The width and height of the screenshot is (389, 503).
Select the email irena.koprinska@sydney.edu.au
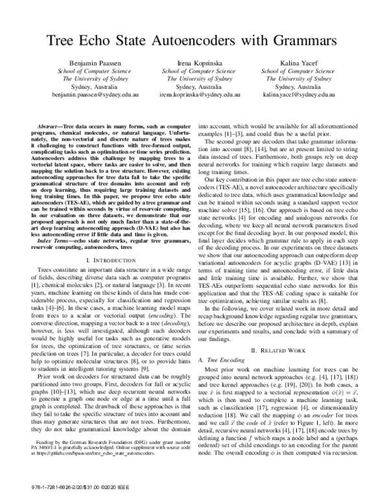coord(194,94)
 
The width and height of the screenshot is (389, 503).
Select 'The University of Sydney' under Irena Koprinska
coord(194,78)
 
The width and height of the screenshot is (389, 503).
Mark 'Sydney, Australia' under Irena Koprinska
coord(194,86)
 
